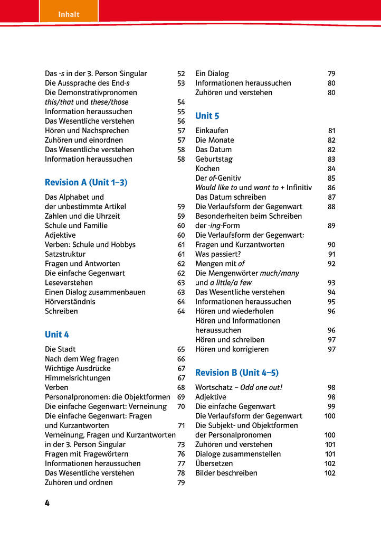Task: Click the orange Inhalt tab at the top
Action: pyautogui.click(x=69, y=14)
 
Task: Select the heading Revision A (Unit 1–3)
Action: pyautogui.click(x=86, y=182)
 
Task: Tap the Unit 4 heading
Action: pyautogui.click(x=57, y=334)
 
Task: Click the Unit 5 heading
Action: pyautogui.click(x=207, y=116)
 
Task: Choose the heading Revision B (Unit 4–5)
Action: pyautogui.click(x=237, y=373)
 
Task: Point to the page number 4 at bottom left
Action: pyautogui.click(x=47, y=503)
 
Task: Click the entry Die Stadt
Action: pyautogui.click(x=60, y=349)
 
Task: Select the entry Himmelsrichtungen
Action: pyautogui.click(x=78, y=378)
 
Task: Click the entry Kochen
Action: pyautogui.click(x=207, y=169)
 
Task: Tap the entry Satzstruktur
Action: pyautogui.click(x=65, y=254)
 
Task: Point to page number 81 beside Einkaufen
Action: pyautogui.click(x=331, y=131)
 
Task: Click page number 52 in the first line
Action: pyautogui.click(x=181, y=73)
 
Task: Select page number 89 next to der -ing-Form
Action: pyautogui.click(x=331, y=226)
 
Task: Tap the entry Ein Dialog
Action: pyautogui.click(x=212, y=73)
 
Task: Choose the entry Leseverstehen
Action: pyautogui.click(x=69, y=283)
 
